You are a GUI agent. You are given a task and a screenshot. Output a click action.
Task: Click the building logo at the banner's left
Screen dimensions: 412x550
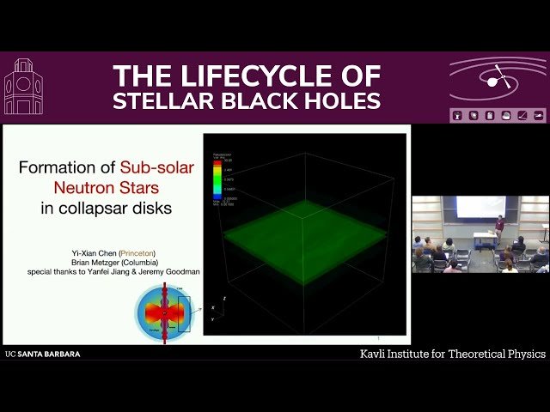pyautogui.click(x=23, y=88)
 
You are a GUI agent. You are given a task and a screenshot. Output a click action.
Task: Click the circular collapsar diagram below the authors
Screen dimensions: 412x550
pyautogui.click(x=164, y=312)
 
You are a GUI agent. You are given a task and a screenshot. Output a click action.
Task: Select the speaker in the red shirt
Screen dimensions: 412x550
pyautogui.click(x=499, y=227)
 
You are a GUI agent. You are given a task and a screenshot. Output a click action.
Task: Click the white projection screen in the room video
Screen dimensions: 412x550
pyautogui.click(x=480, y=207)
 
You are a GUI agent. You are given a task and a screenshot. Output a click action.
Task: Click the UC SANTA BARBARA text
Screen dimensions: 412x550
pyautogui.click(x=42, y=354)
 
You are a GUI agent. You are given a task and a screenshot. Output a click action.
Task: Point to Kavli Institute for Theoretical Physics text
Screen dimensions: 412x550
pyautogui.click(x=452, y=354)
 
